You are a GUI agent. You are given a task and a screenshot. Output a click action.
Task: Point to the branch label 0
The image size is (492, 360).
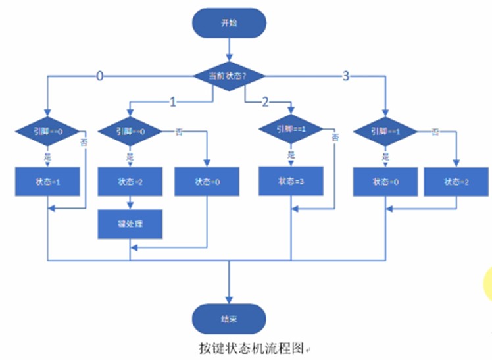point(100,76)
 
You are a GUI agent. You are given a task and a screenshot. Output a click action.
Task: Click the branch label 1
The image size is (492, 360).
point(172,102)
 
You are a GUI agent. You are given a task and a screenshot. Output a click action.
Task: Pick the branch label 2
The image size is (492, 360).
point(265,102)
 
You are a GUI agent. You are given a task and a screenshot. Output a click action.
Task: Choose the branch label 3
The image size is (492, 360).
point(346,76)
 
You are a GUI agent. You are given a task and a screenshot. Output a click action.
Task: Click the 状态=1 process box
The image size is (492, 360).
point(47,182)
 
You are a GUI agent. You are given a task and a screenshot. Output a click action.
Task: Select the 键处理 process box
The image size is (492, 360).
point(130,224)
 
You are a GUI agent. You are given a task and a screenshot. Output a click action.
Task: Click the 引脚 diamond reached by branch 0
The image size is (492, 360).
point(47,131)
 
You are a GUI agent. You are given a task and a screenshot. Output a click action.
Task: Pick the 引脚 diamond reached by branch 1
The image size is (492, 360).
point(130,131)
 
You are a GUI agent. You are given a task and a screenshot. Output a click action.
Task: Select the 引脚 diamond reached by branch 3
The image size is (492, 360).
point(385,131)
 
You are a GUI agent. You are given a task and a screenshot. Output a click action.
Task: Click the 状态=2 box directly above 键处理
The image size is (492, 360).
point(130,182)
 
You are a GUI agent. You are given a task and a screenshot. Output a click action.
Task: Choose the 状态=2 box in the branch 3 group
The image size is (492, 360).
point(456,182)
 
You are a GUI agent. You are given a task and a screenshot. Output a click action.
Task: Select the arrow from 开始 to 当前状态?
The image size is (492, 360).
point(228,49)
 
